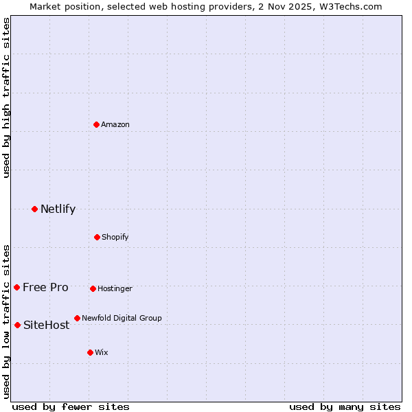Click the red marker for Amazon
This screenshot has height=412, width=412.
pos(96,124)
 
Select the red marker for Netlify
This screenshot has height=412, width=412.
pos(34,209)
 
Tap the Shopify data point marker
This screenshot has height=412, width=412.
pos(97,237)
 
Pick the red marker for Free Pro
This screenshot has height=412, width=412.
pos(16,287)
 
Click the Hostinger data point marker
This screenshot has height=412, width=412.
pos(93,288)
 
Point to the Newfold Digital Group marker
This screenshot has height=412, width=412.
pos(77,318)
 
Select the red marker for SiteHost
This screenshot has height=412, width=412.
pos(17,325)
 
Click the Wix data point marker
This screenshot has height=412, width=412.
pos(90,352)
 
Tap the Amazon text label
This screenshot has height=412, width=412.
pos(115,124)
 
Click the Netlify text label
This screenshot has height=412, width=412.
pos(58,209)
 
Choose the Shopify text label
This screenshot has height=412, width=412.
pos(115,237)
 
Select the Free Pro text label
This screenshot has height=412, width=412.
pos(45,287)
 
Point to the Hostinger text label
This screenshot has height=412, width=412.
pos(115,288)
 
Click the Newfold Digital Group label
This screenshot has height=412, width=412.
pos(122,318)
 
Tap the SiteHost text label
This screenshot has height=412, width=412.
pos(46,325)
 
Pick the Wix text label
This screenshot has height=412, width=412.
pos(102,352)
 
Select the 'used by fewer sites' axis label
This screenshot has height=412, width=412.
pos(70,407)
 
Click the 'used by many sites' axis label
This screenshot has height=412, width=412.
pos(345,407)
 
